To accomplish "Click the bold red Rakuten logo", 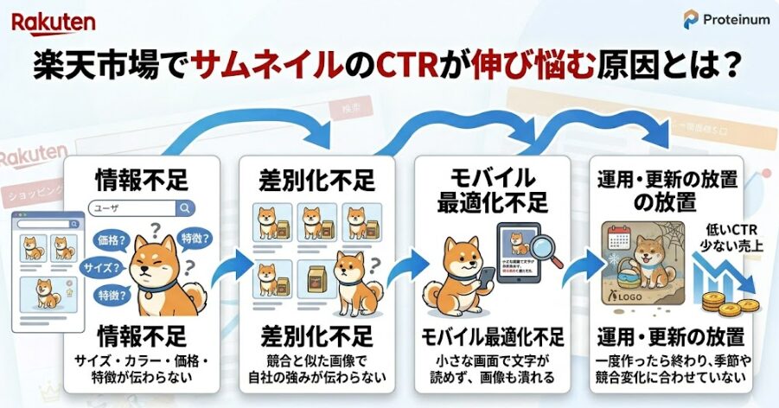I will point(54,21).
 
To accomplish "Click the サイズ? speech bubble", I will point(99,268).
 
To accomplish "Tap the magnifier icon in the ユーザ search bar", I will point(184,208).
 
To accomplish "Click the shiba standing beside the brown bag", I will point(353,278).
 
